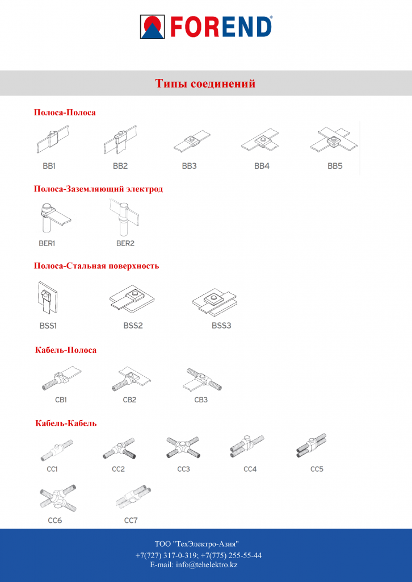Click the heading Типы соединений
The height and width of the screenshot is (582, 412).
[205, 84]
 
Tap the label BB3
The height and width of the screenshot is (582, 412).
[189, 167]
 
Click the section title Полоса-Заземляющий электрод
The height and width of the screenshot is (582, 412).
[99, 189]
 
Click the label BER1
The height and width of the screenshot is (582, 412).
[47, 244]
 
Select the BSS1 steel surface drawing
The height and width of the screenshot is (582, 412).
[48, 298]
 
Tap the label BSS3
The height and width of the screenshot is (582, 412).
[221, 326]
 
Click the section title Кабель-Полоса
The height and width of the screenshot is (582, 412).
[66, 350]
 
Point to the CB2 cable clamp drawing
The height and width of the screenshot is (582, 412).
[131, 380]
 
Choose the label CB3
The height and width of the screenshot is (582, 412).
[201, 400]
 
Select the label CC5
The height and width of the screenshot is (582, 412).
[317, 469]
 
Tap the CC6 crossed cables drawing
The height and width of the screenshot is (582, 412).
[58, 498]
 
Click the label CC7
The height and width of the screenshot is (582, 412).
[131, 521]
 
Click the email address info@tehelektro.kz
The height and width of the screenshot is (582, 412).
[194, 565]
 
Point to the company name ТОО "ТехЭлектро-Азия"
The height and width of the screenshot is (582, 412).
[197, 544]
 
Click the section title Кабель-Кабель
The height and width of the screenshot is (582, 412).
[66, 423]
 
